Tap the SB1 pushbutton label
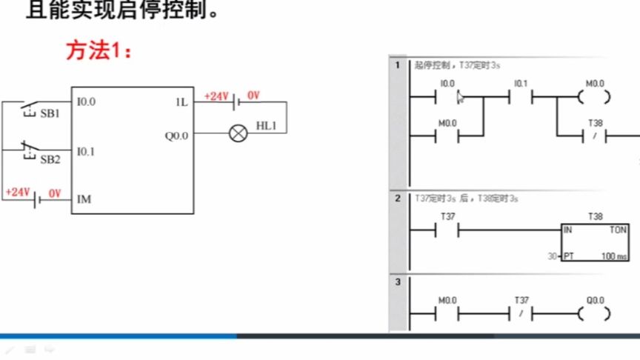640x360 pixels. tap(50, 114)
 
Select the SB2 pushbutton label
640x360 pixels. tap(50, 159)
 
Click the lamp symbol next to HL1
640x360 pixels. tap(238, 134)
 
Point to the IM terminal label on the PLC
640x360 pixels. tap(84, 199)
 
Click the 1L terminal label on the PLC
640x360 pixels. tap(181, 102)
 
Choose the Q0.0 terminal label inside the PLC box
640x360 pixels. tap(176, 136)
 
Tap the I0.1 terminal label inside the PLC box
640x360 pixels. tap(86, 151)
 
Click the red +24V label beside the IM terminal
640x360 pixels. tap(17, 192)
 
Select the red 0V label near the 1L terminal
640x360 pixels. tap(253, 95)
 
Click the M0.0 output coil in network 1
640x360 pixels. tap(596, 97)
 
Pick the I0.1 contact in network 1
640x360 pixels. tap(521, 97)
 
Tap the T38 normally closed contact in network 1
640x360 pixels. tap(596, 136)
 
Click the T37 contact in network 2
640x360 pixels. tap(447, 231)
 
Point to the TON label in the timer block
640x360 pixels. tap(617, 230)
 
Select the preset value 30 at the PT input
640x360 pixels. tap(553, 256)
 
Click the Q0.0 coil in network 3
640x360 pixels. tap(596, 313)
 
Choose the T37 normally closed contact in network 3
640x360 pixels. tap(521, 313)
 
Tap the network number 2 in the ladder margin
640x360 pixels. tap(397, 199)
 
